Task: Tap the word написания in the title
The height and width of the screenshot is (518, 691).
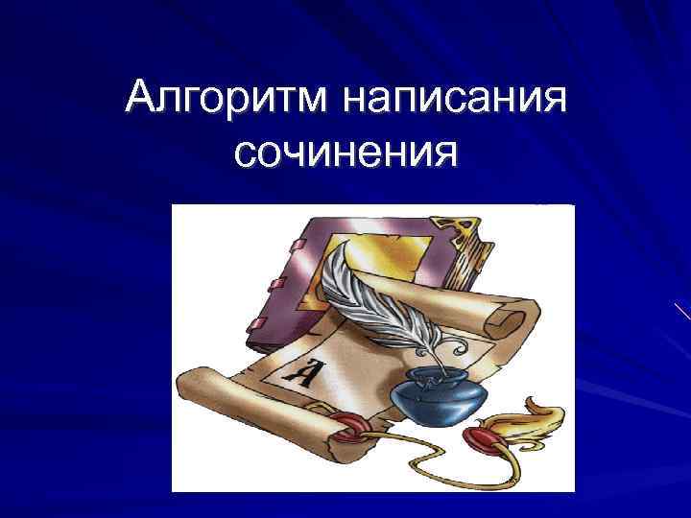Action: (455, 99)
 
